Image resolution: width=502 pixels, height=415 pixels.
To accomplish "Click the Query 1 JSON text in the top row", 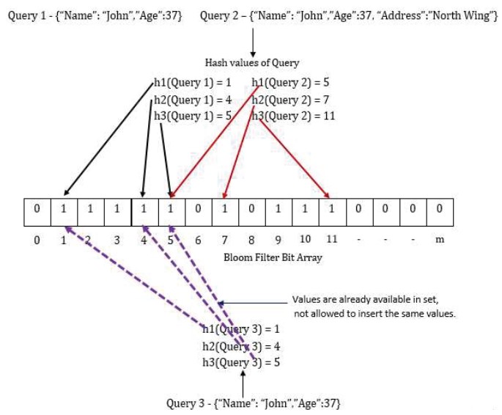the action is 95,15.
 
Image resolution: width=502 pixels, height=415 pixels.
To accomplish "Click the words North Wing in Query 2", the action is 462,15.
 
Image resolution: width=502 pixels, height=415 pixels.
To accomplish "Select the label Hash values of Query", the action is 252,62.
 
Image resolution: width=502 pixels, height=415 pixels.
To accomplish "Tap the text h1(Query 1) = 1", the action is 193,83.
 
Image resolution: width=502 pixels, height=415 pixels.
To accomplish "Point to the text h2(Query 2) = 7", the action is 290,100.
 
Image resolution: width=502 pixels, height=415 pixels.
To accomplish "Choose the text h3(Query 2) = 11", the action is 293,116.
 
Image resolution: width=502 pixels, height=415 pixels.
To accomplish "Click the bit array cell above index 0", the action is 37,212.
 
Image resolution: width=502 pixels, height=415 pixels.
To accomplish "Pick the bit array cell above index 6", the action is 198,212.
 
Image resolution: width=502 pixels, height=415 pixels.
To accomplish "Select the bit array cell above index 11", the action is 332,212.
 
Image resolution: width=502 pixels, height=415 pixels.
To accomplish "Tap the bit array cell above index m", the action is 440,212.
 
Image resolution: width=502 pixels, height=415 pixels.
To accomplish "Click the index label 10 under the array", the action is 305,239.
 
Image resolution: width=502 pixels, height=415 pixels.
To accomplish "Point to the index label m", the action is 440,240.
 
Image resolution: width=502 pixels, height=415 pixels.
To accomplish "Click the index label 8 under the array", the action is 251,240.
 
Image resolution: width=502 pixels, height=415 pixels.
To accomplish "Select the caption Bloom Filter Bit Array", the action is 273,257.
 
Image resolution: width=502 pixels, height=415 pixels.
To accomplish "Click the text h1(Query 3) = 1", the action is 241,329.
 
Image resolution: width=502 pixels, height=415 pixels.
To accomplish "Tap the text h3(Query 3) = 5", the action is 241,362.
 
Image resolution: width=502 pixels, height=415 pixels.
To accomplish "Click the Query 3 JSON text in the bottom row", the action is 254,403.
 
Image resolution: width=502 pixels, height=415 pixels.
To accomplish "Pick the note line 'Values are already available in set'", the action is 365,299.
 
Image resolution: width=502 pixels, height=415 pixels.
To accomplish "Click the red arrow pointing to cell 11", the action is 294,158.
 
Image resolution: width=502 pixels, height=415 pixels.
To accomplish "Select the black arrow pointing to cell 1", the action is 108,139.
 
